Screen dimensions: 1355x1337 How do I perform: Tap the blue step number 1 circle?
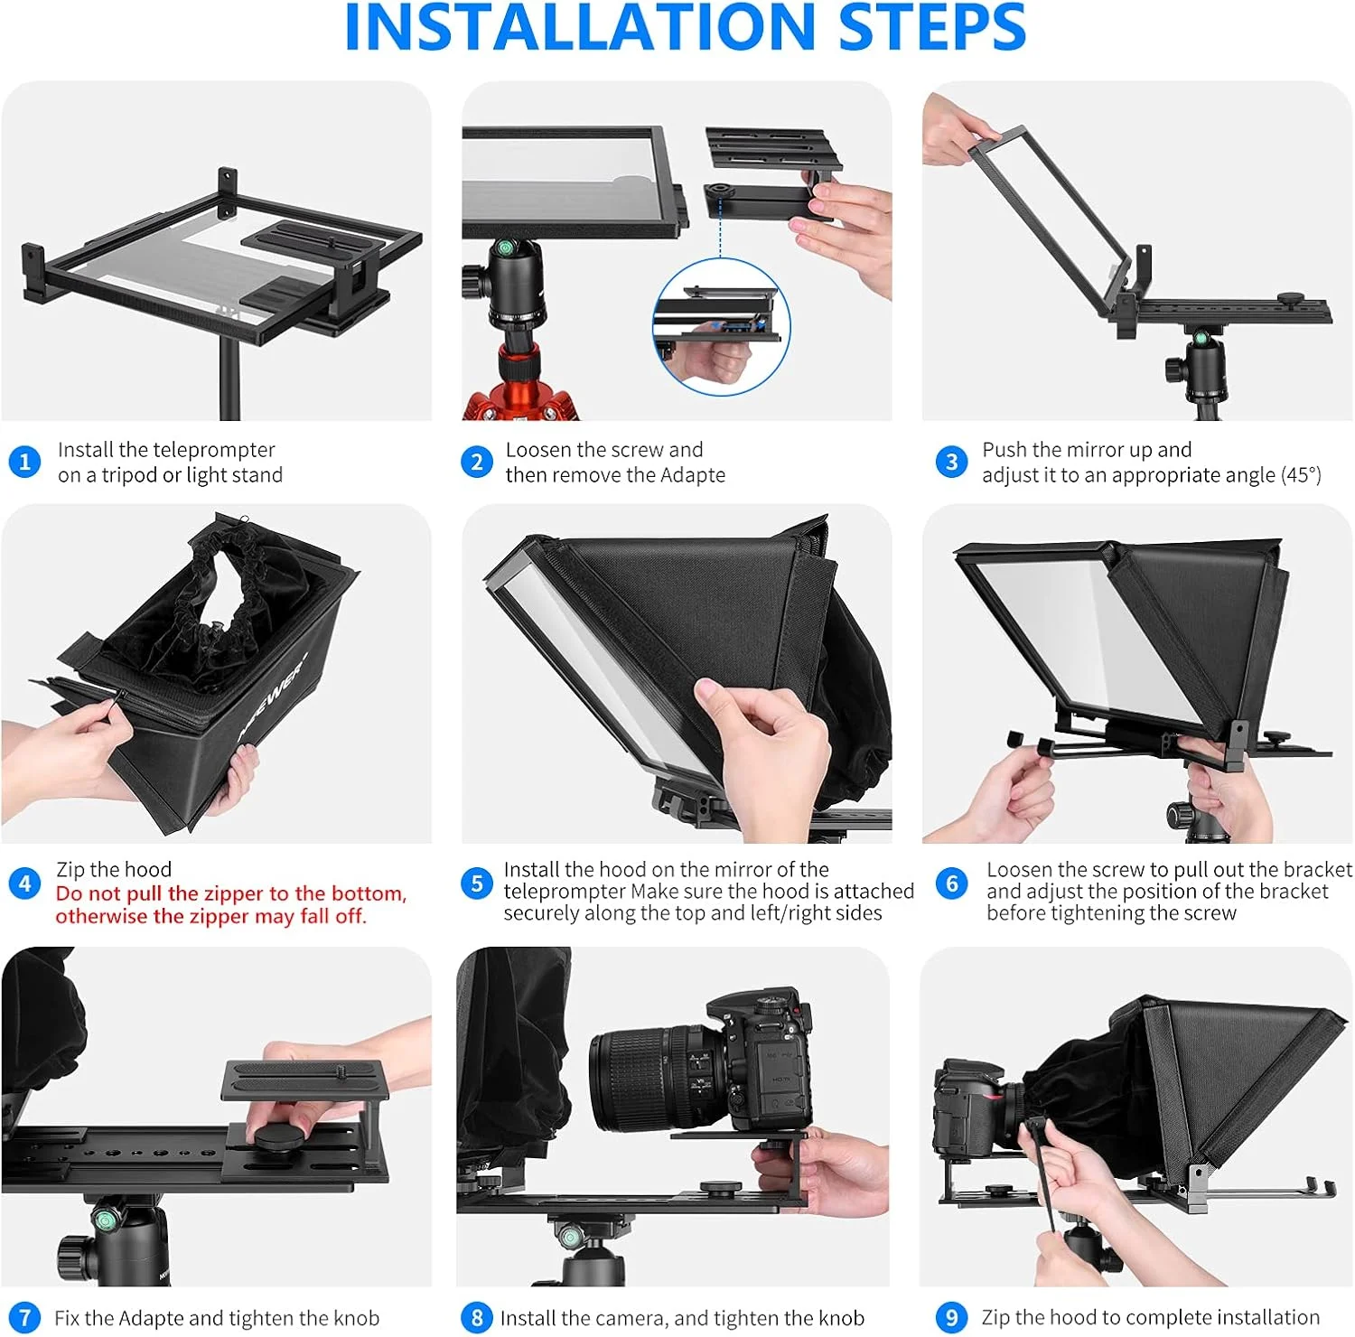(x=24, y=463)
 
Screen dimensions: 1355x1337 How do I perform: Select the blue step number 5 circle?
(x=476, y=884)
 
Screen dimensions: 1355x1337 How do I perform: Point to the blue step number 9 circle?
(x=951, y=1317)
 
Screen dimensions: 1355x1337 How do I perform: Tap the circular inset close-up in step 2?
(x=721, y=327)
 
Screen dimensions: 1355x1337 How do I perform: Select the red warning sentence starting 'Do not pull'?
(x=231, y=904)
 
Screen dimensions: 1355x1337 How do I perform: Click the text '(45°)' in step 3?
(x=1301, y=475)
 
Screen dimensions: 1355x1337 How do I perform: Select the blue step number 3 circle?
(x=951, y=463)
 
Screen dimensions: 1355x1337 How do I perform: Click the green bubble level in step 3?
(x=1201, y=338)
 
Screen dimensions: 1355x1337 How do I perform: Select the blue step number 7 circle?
(x=24, y=1317)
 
